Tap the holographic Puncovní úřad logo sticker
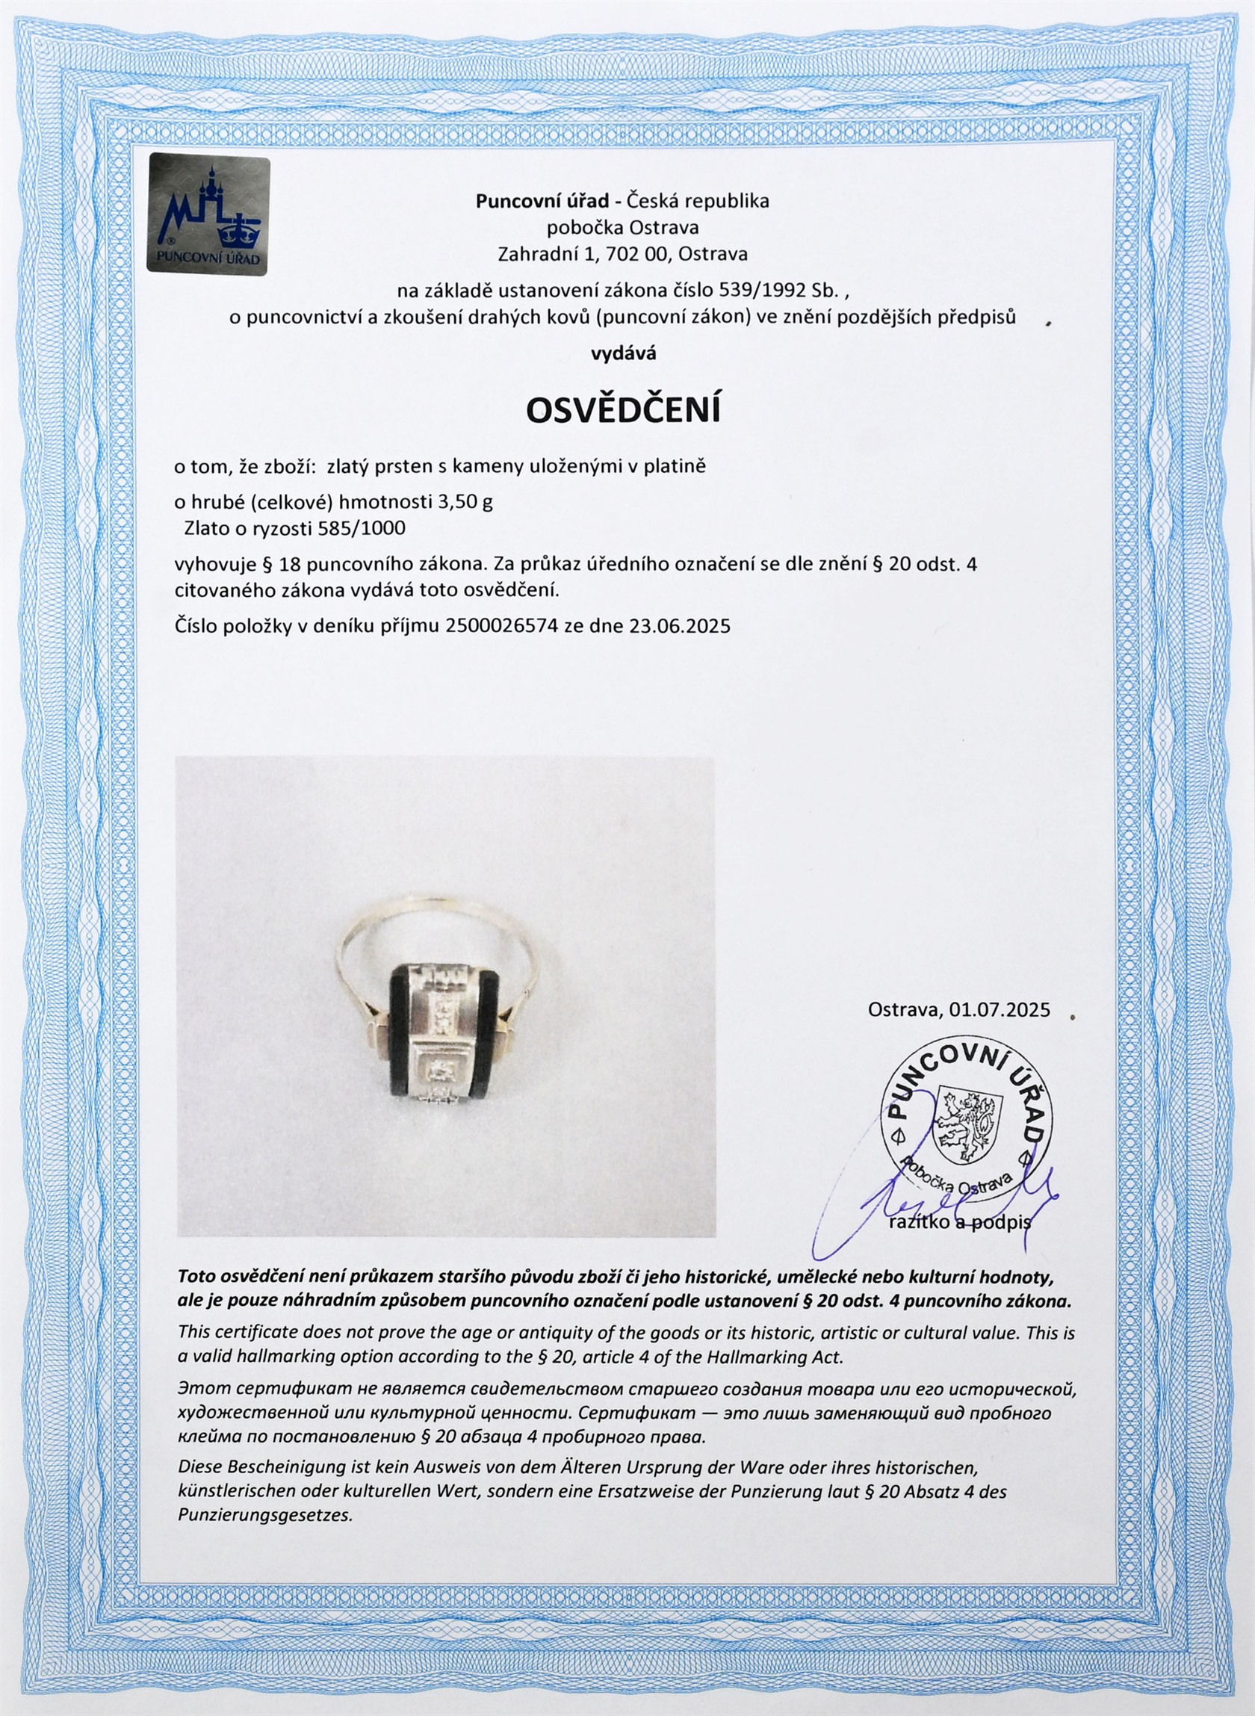tap(208, 214)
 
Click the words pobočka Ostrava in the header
tap(623, 227)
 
